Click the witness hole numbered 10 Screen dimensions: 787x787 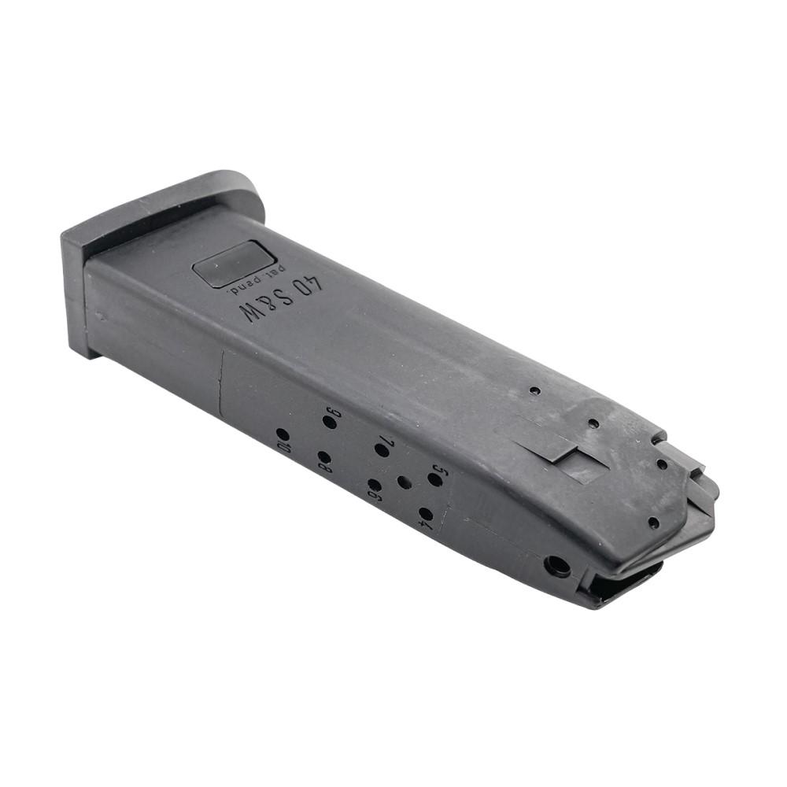click(x=282, y=434)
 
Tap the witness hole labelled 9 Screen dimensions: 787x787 click(x=329, y=423)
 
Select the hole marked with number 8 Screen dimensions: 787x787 click(x=323, y=456)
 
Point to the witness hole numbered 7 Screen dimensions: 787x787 click(x=382, y=450)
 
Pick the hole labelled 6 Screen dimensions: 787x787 click(x=375, y=485)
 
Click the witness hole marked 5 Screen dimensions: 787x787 click(x=434, y=479)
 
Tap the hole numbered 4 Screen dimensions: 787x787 click(x=425, y=514)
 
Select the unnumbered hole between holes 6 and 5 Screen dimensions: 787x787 click(x=405, y=482)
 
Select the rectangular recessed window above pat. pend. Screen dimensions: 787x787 click(x=234, y=264)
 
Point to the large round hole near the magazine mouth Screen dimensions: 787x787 click(x=557, y=566)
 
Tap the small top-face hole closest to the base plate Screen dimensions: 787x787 click(x=534, y=390)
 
